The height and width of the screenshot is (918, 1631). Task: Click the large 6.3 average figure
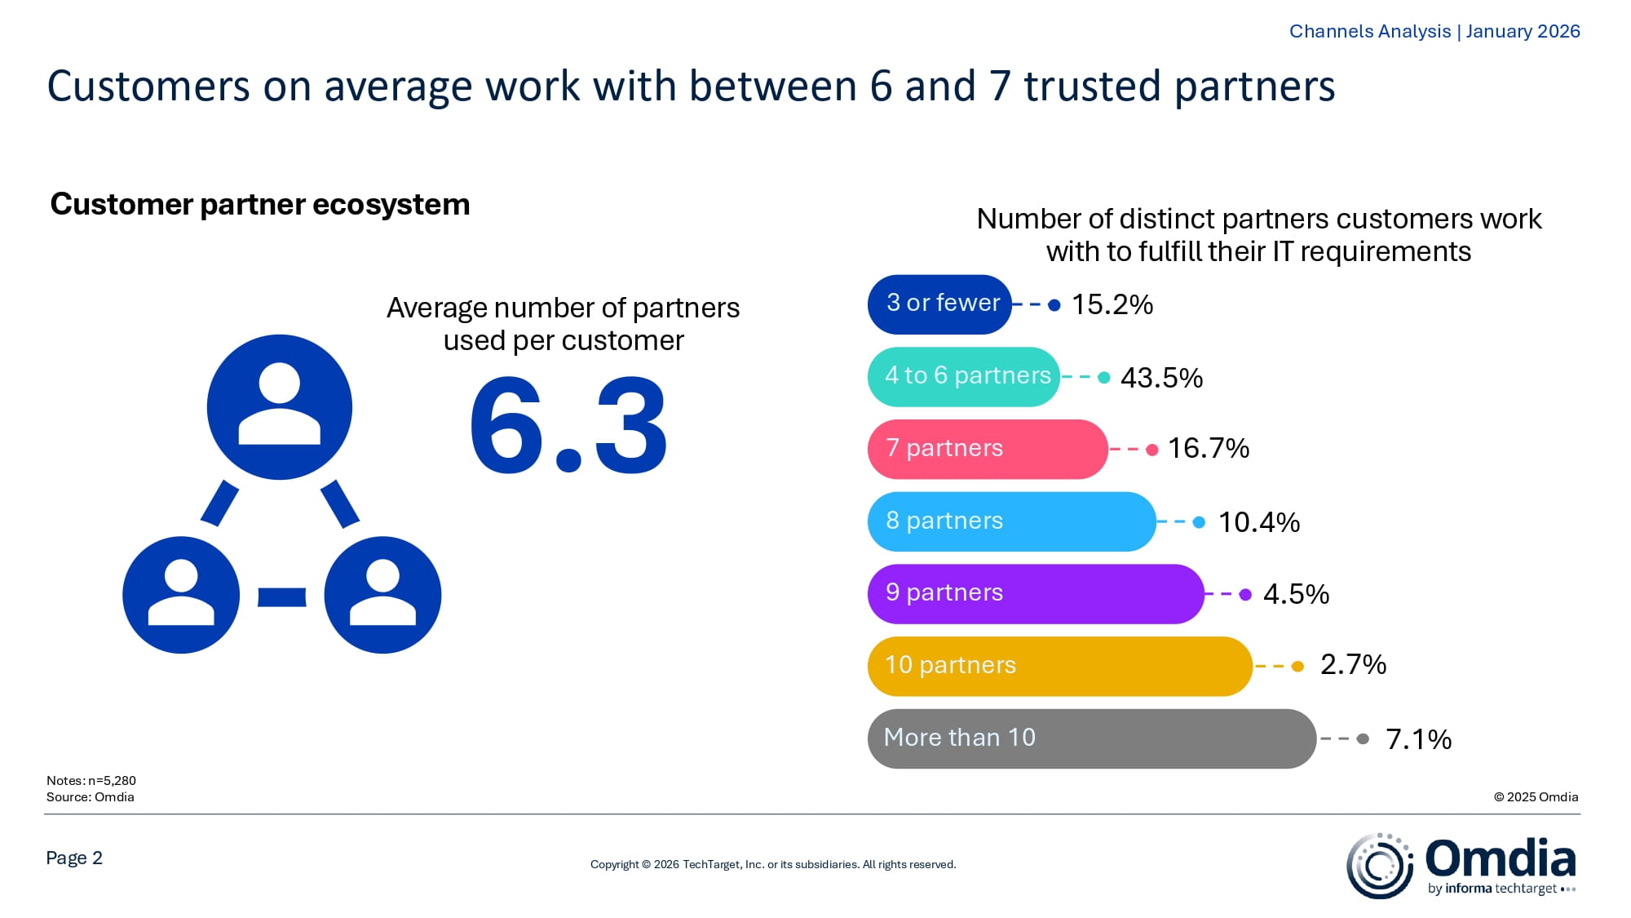point(568,425)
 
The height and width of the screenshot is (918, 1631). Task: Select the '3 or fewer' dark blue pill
point(939,304)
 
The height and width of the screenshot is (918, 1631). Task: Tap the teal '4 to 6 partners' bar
point(963,376)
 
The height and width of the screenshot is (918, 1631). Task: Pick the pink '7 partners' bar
point(987,449)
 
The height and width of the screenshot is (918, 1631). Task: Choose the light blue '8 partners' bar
point(1011,521)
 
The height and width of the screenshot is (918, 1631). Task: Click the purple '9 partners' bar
point(1036,594)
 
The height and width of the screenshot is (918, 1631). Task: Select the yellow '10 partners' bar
point(1059,666)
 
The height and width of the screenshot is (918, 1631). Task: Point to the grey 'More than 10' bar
point(1091,738)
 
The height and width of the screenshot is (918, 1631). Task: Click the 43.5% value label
point(1161,378)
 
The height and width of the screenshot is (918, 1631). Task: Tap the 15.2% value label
point(1112,304)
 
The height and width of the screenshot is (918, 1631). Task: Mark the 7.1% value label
point(1418,739)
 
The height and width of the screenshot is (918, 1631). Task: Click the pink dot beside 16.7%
point(1151,450)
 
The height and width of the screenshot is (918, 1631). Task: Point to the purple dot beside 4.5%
point(1245,594)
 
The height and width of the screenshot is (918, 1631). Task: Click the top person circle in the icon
point(279,406)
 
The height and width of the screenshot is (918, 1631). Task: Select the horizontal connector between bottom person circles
point(281,597)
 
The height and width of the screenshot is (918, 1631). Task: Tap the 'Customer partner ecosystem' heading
point(260,204)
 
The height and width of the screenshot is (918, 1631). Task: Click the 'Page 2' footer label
point(74,858)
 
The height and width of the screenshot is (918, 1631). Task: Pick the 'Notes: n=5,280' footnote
point(91,780)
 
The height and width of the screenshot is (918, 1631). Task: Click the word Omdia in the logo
point(1500,858)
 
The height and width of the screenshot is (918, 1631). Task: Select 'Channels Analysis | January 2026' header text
point(1434,31)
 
